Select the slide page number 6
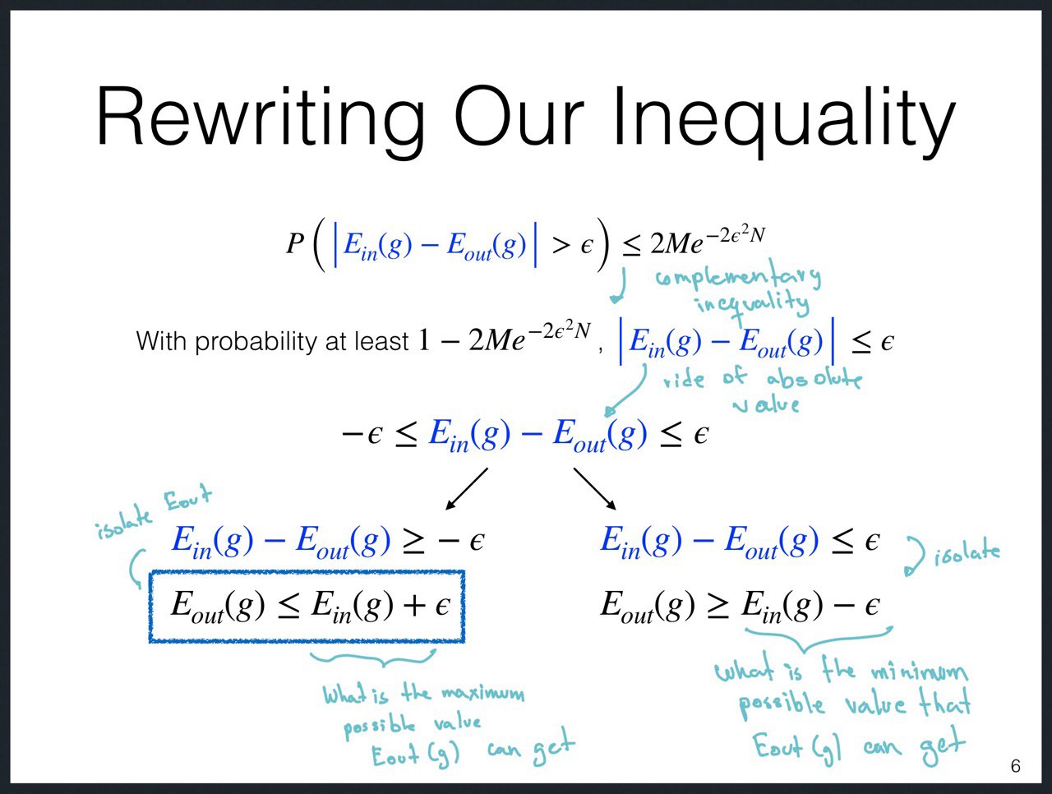(x=1015, y=766)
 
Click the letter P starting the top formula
(x=295, y=243)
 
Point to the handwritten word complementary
(x=738, y=277)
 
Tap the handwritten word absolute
(x=814, y=379)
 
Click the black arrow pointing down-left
(x=467, y=489)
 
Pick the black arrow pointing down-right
(x=595, y=489)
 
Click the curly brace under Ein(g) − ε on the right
(x=819, y=639)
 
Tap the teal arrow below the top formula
(x=619, y=286)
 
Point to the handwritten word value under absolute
(x=766, y=404)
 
